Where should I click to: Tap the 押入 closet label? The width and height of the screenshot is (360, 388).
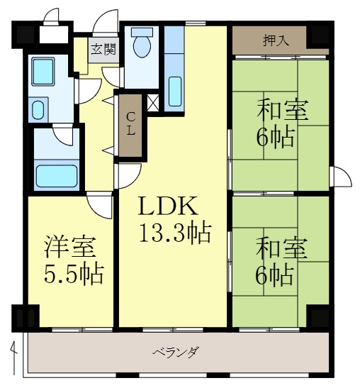click(x=276, y=40)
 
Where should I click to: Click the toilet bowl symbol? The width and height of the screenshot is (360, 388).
click(x=142, y=45)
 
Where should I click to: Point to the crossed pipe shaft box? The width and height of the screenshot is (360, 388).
click(x=152, y=101)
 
